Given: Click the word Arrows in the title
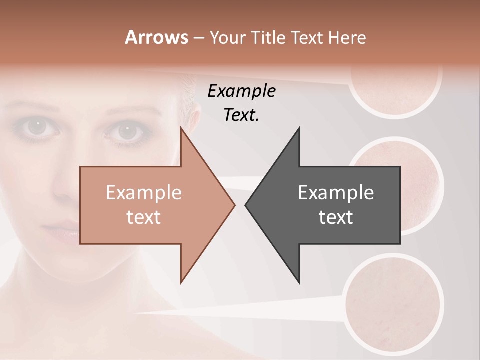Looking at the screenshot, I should (156, 38).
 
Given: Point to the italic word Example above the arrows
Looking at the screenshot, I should (241, 91).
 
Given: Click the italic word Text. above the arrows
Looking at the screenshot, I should (241, 115).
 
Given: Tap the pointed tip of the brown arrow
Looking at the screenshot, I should (234, 205).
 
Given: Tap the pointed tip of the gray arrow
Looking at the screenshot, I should (246, 205).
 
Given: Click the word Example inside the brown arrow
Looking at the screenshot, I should (143, 193).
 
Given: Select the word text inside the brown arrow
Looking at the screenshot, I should (143, 217).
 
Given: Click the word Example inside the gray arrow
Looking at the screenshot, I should (336, 193).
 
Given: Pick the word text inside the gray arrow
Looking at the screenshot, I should (336, 217).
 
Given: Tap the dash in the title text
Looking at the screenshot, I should (199, 38).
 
